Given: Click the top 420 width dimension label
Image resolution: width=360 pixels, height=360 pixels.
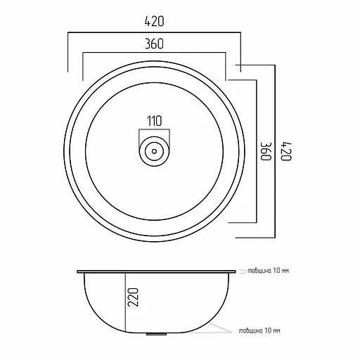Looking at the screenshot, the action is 154,21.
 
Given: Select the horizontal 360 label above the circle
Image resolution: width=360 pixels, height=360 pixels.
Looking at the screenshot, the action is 154,44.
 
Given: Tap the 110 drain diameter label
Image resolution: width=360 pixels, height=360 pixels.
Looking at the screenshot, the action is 155,121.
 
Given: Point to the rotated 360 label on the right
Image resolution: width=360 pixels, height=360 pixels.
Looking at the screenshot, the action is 266,151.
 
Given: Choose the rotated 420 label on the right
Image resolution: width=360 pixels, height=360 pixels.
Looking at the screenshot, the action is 286,151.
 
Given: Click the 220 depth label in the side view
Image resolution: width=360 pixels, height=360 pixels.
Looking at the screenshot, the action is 133,297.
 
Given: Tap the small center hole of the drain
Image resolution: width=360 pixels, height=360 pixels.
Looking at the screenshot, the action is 154,151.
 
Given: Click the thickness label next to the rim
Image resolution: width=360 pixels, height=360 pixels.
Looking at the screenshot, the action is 269,271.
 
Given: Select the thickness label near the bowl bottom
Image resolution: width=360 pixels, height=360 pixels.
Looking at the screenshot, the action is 259,330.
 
